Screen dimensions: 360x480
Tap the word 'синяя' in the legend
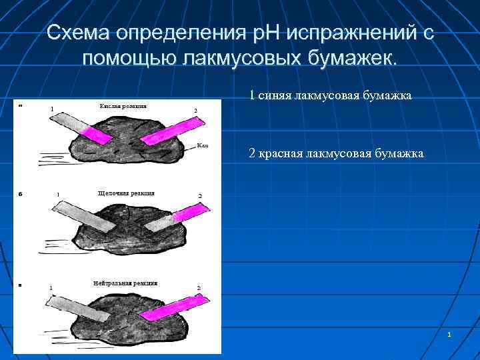273,96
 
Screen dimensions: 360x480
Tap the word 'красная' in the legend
281,154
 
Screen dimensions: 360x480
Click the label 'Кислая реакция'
123,106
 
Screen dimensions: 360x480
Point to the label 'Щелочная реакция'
126,193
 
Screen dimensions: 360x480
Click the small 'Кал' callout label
203,145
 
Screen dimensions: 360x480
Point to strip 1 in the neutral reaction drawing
80,309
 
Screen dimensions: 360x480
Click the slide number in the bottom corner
449,333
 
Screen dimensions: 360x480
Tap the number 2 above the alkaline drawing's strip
199,195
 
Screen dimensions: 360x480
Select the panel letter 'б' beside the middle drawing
21,194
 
